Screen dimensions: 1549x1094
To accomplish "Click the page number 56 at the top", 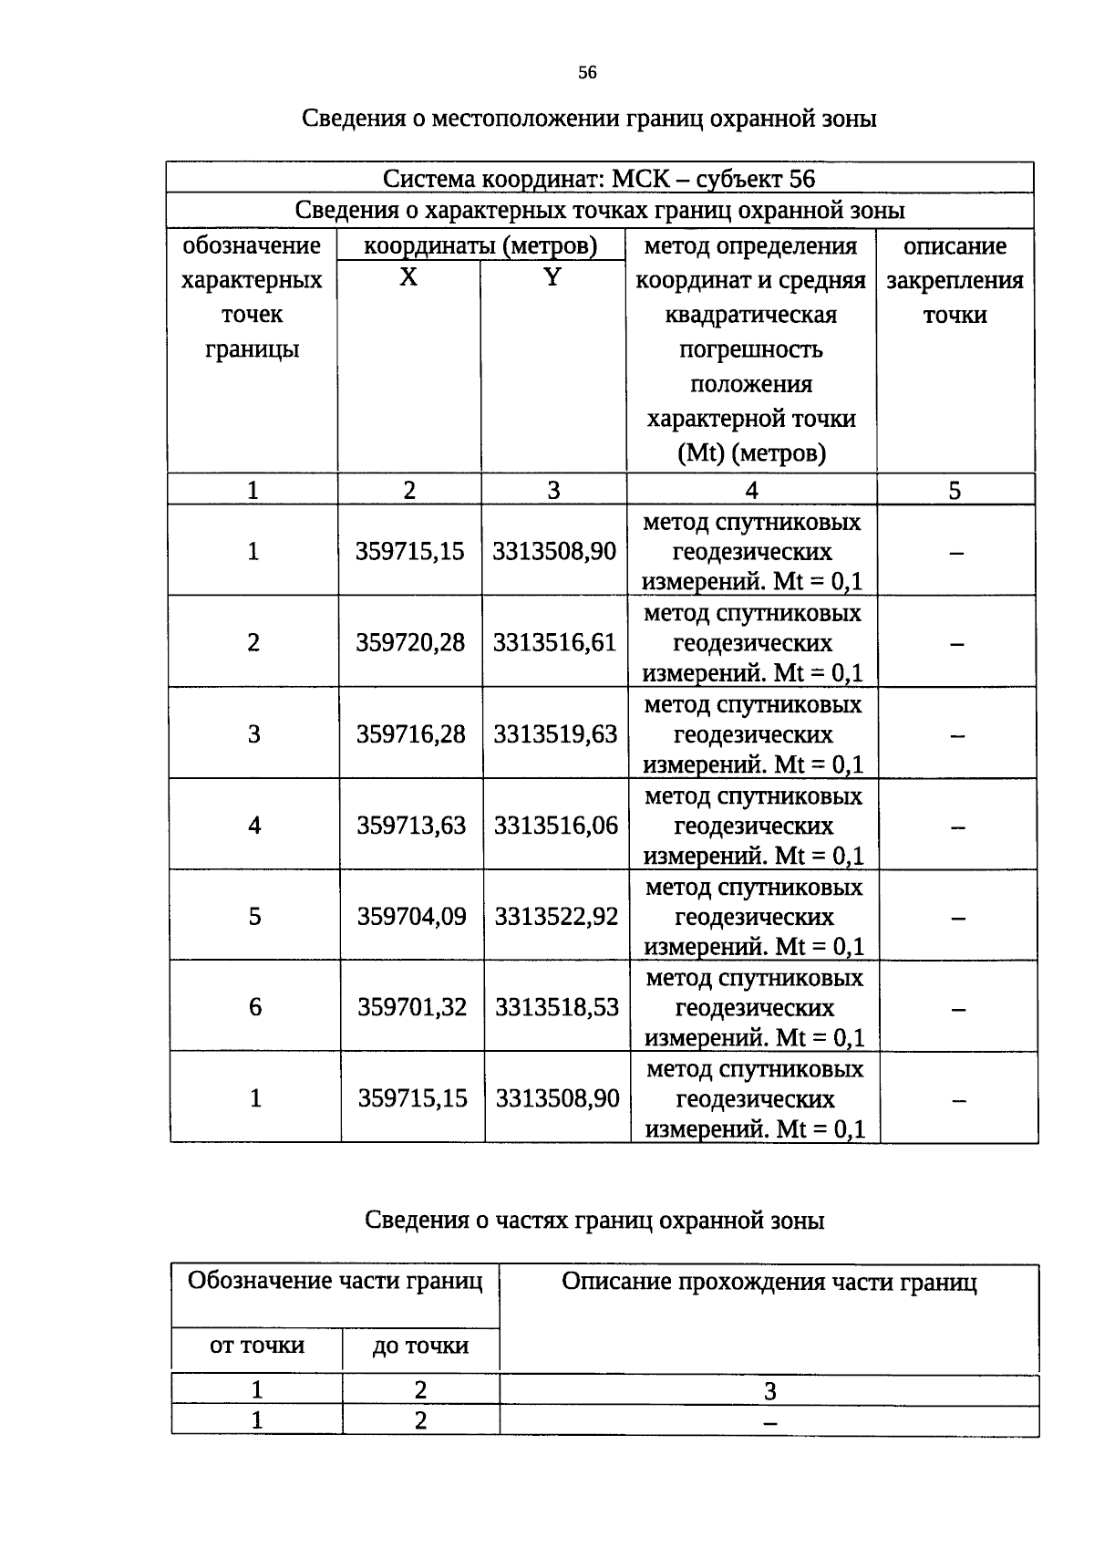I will (587, 73).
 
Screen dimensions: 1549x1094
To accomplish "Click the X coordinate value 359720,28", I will (409, 643).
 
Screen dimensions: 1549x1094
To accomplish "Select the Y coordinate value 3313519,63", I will (555, 734).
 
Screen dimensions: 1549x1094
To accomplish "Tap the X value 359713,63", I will (410, 826).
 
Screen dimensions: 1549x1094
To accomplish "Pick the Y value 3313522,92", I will (556, 916).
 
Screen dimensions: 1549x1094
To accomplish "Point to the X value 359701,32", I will (411, 1007).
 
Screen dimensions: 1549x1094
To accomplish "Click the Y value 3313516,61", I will (554, 643).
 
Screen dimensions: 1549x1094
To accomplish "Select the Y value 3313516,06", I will (555, 826).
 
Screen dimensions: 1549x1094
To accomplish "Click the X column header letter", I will (408, 277).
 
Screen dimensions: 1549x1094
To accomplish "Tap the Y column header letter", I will (552, 277).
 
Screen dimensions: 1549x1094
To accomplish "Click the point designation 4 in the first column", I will (254, 826).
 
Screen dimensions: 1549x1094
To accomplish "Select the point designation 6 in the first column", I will (255, 1007).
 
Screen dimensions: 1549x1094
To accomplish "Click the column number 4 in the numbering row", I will (751, 491).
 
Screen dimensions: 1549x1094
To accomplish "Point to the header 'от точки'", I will (257, 1346).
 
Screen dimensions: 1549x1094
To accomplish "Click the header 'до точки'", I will (420, 1346).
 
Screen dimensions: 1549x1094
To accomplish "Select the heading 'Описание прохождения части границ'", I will (769, 1283).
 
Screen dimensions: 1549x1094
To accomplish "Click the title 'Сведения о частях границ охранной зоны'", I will (594, 1221).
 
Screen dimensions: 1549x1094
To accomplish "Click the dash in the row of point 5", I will (957, 919).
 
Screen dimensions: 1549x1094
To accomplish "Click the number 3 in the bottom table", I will (769, 1391).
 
